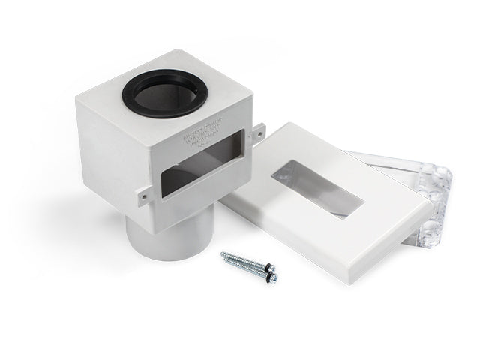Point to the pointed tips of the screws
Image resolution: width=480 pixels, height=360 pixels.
click(223, 255)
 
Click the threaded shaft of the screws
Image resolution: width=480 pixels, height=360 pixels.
click(244, 263)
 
